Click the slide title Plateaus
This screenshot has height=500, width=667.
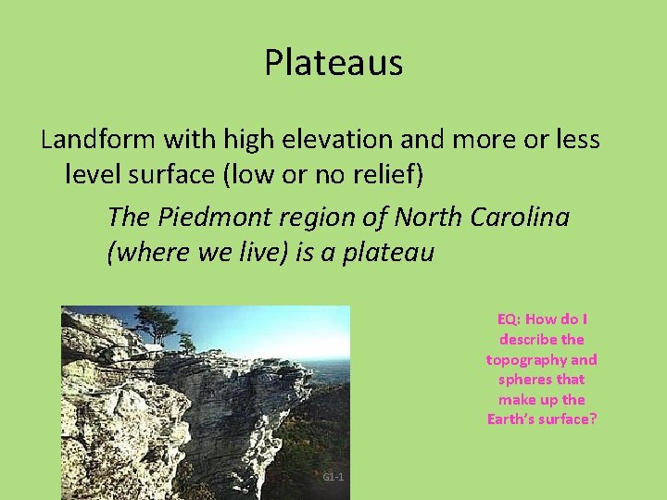point(333,63)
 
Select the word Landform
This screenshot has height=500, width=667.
point(98,140)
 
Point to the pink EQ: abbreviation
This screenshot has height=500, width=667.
point(512,319)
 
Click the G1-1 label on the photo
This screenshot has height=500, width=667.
point(333,477)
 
